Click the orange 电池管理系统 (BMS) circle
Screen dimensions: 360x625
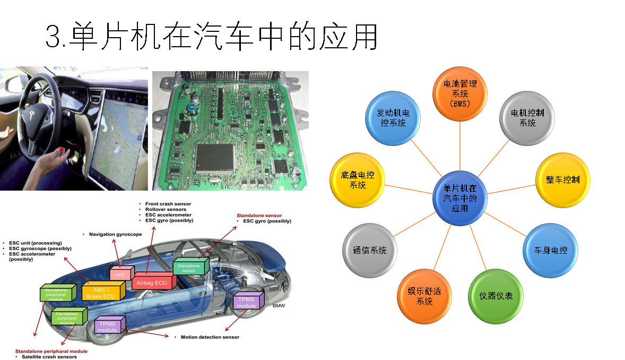(460, 93)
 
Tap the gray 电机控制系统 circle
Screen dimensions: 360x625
(527, 118)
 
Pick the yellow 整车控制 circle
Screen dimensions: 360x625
(562, 179)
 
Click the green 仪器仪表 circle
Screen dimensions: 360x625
(496, 296)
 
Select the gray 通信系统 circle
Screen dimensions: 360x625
(370, 250)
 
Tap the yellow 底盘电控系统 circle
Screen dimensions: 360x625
(358, 180)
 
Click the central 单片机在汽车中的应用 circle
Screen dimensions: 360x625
(459, 198)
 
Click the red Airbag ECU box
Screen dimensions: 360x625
(151, 282)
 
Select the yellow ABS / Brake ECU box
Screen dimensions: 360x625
(103, 293)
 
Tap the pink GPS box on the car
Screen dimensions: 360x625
(120, 274)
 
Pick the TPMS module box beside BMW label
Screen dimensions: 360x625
(247, 302)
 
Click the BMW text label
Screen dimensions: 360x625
(279, 306)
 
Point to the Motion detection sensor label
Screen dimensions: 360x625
(210, 337)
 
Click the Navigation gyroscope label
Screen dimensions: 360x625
(115, 234)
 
